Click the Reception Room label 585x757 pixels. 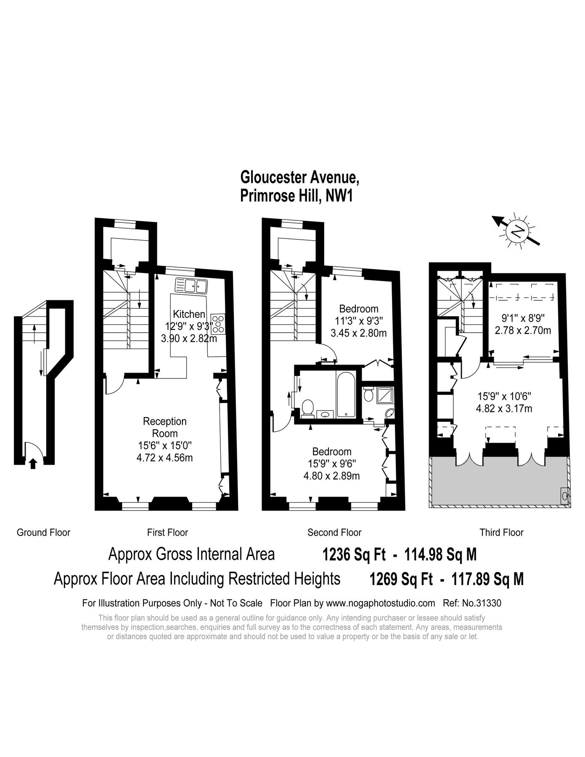165,427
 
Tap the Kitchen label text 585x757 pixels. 189,314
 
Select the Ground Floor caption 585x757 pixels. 43,532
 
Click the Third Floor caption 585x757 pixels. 501,532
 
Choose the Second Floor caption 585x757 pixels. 334,532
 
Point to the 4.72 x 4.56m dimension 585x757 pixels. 165,458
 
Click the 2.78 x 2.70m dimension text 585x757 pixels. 523,330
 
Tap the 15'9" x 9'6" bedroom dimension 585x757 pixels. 332,464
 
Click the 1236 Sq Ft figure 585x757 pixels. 354,555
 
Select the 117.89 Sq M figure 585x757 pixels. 487,580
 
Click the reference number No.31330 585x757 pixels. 472,603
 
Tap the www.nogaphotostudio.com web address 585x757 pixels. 381,603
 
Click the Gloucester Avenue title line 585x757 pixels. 300,177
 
